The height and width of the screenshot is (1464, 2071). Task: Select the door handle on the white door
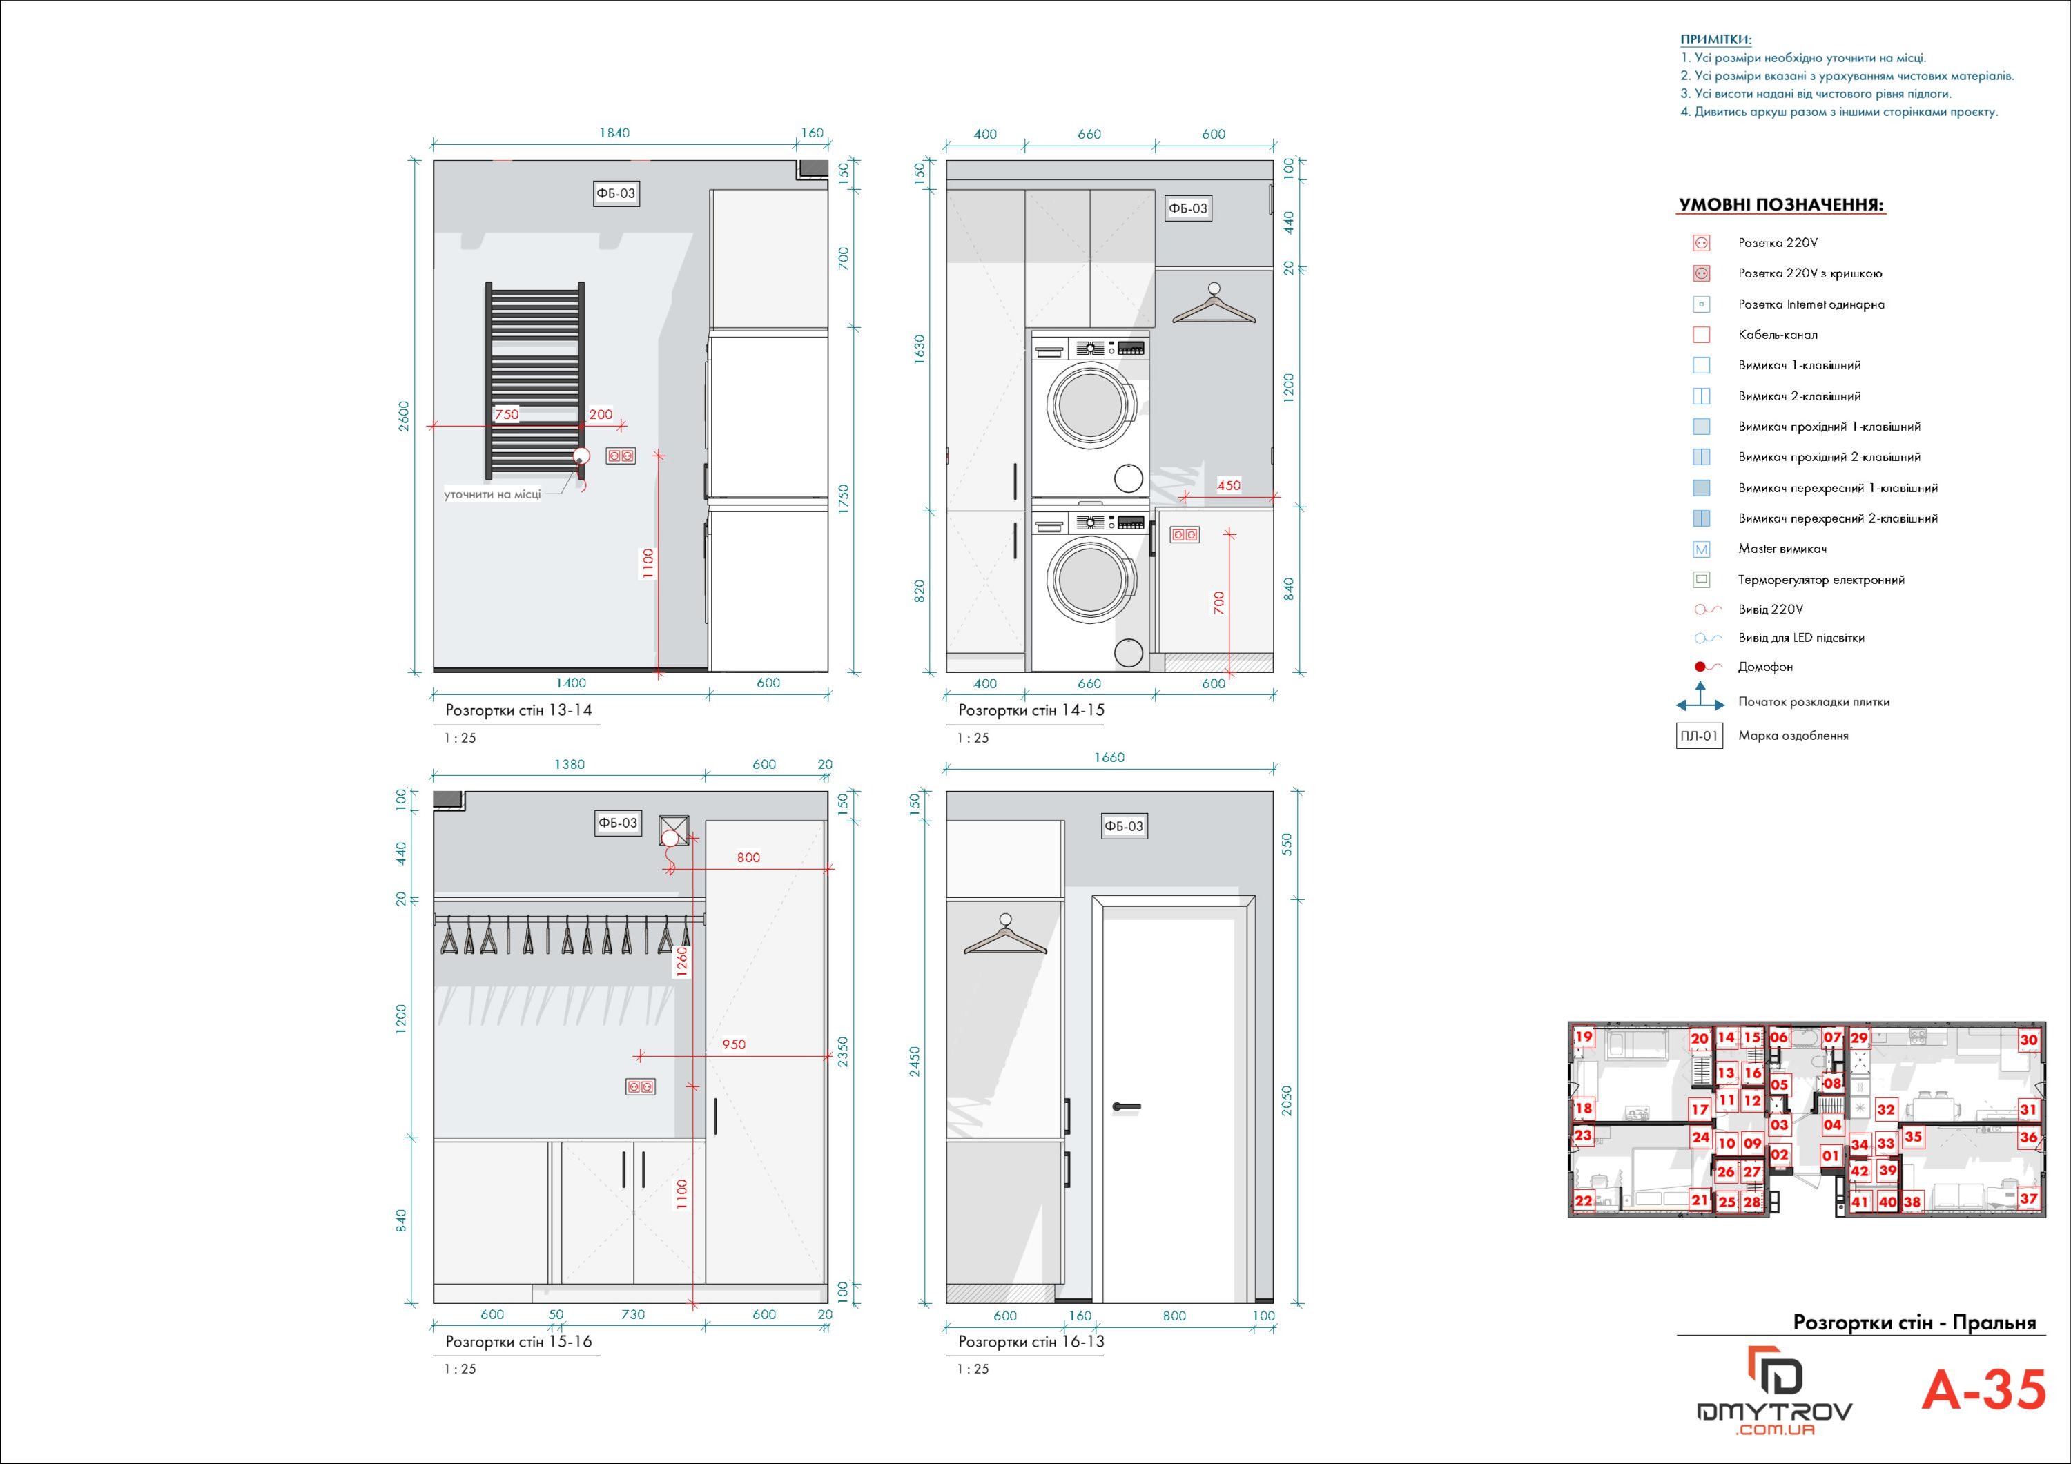1127,1106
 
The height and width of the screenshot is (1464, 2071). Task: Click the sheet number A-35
1983,1390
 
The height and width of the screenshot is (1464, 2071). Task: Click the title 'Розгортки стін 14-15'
1031,710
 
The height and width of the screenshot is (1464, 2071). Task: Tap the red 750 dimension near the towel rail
507,415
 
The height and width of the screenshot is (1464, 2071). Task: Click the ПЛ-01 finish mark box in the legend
1700,736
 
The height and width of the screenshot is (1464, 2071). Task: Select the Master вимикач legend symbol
1701,549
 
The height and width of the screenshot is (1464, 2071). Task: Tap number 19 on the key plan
1584,1037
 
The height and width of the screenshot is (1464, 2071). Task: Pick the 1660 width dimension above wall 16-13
1109,758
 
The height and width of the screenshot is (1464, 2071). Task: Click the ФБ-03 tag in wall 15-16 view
617,823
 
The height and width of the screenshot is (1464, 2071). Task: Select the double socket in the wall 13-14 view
621,456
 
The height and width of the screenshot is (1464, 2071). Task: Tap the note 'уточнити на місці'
492,494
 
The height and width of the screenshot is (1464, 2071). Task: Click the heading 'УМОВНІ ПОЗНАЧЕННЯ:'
1780,205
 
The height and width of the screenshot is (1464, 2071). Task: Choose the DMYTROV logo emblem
1775,1371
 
